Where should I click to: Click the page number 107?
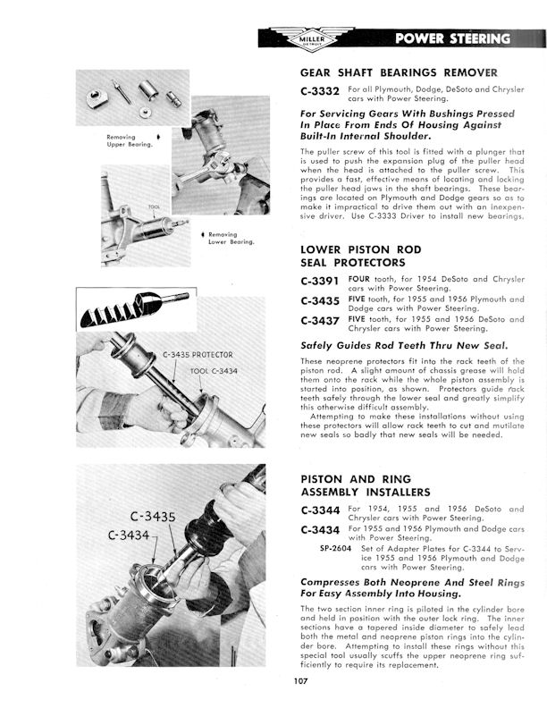(x=300, y=686)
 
